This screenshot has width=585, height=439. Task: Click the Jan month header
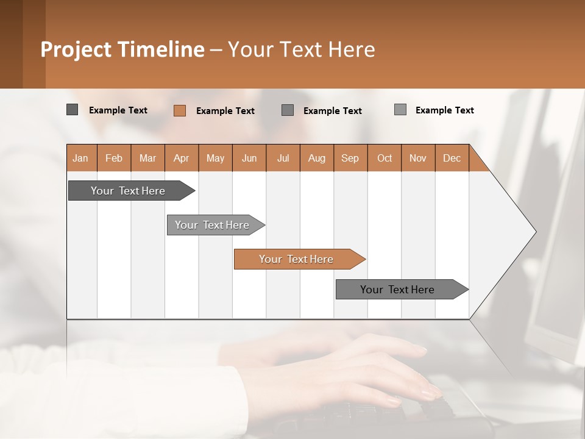click(x=81, y=158)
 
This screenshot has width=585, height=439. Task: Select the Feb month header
click(x=114, y=158)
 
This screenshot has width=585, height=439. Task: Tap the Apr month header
click(x=182, y=158)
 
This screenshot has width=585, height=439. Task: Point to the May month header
click(x=215, y=158)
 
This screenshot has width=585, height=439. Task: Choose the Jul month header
click(x=283, y=158)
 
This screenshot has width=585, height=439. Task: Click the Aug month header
click(x=317, y=158)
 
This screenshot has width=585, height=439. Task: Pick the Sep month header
click(x=350, y=158)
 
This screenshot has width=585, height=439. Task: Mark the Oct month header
click(x=385, y=158)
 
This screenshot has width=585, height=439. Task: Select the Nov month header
click(x=418, y=158)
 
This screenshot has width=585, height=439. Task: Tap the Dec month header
click(x=452, y=158)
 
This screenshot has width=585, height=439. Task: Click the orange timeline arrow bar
click(x=299, y=259)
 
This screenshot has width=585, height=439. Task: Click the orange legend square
click(x=180, y=110)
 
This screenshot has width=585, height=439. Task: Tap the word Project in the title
click(x=76, y=49)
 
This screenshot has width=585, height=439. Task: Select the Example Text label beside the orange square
click(x=225, y=111)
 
